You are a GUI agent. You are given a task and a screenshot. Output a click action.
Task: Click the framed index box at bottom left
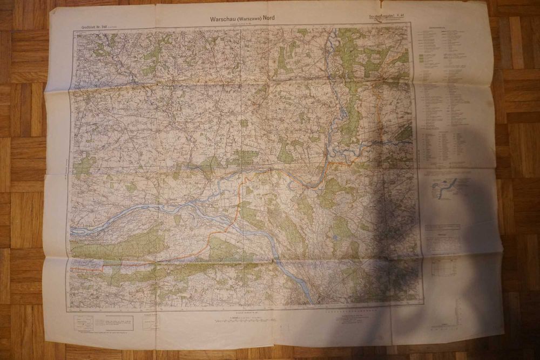coord(104,323)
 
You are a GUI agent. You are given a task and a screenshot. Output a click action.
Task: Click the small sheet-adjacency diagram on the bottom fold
coord(151,323)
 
